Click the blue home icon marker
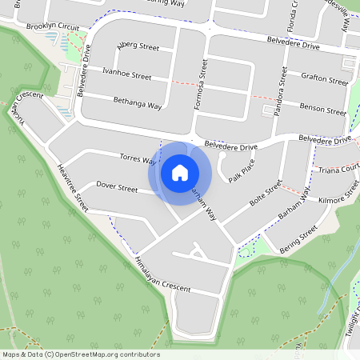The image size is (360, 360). tap(180, 172)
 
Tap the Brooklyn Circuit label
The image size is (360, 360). tap(52, 26)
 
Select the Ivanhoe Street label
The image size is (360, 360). tap(127, 74)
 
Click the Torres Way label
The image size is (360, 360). tap(136, 158)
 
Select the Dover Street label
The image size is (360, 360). tap(117, 187)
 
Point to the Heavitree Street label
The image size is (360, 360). tap(73, 186)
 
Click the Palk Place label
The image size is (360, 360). tap(241, 170)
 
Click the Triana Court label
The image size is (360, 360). tap(338, 170)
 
